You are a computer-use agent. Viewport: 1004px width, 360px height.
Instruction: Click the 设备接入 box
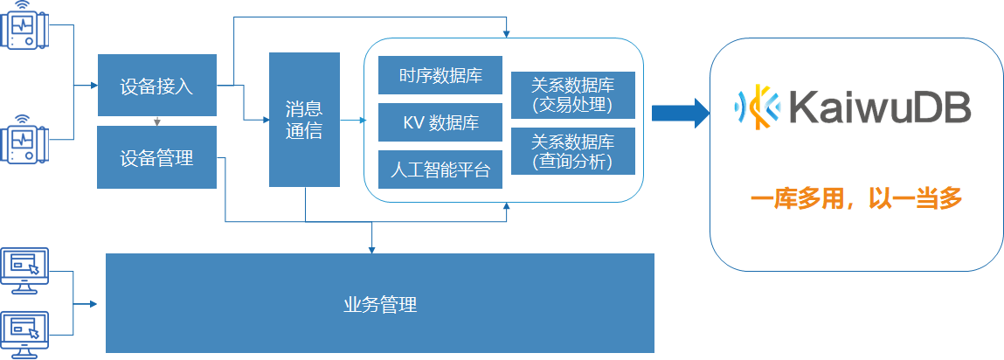pyautogui.click(x=156, y=86)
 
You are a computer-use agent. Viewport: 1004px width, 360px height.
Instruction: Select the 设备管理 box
pyautogui.click(x=156, y=158)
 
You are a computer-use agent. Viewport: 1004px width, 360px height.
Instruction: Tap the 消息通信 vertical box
pyautogui.click(x=304, y=120)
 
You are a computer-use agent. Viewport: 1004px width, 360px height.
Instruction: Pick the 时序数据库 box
pyautogui.click(x=440, y=75)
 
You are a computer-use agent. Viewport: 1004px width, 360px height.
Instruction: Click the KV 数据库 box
pyautogui.click(x=440, y=122)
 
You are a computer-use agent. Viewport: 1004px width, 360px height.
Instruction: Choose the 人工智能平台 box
pyautogui.click(x=440, y=170)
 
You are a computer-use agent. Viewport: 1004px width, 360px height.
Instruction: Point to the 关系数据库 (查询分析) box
pyautogui.click(x=572, y=152)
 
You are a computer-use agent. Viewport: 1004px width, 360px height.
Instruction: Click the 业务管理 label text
pyautogui.click(x=380, y=305)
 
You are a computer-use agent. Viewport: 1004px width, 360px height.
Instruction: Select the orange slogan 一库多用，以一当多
pyautogui.click(x=856, y=200)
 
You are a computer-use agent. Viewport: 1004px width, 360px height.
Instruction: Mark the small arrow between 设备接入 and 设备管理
pyautogui.click(x=156, y=121)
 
